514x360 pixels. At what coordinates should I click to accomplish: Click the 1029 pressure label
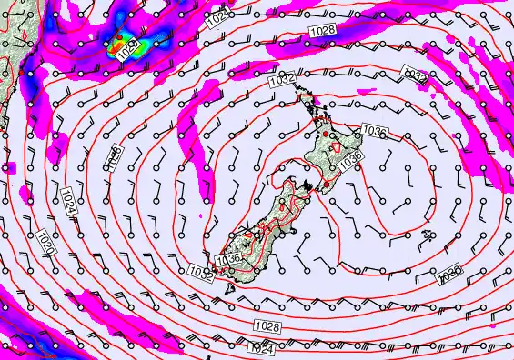click(133, 45)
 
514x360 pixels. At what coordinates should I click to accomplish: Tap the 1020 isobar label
click(48, 243)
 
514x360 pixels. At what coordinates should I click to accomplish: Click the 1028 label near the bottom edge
click(267, 326)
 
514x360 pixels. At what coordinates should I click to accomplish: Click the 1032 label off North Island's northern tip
click(280, 81)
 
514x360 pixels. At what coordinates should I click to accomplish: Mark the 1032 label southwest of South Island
click(200, 271)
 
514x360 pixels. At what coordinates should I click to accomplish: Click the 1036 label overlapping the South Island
click(227, 259)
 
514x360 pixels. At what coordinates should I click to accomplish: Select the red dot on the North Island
click(327, 134)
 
